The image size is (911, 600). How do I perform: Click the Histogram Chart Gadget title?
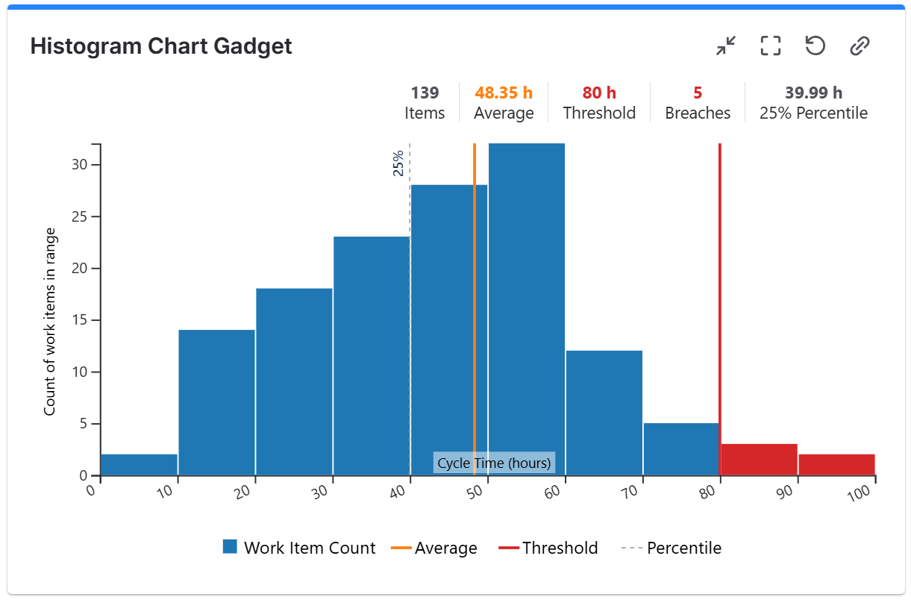coord(161,46)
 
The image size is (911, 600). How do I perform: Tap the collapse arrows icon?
coord(725,46)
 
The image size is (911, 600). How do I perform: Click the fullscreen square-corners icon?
coord(770,46)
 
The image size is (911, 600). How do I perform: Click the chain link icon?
coord(860,46)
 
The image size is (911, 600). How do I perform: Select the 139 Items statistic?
coord(425,93)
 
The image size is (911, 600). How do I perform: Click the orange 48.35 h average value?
coord(504,93)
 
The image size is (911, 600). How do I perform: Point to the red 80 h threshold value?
coord(599,93)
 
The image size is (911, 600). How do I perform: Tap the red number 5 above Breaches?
coord(698,93)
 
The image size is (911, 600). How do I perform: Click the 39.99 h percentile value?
coord(813,93)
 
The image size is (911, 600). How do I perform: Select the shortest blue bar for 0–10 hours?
coord(139,465)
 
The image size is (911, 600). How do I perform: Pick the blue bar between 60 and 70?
coord(604,413)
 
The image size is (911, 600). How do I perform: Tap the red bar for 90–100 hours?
coord(836,465)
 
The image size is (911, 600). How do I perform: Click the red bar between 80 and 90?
coord(759,460)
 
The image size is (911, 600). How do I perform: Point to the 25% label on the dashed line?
coord(398,163)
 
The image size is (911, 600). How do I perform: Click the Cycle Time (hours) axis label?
coord(494,463)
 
